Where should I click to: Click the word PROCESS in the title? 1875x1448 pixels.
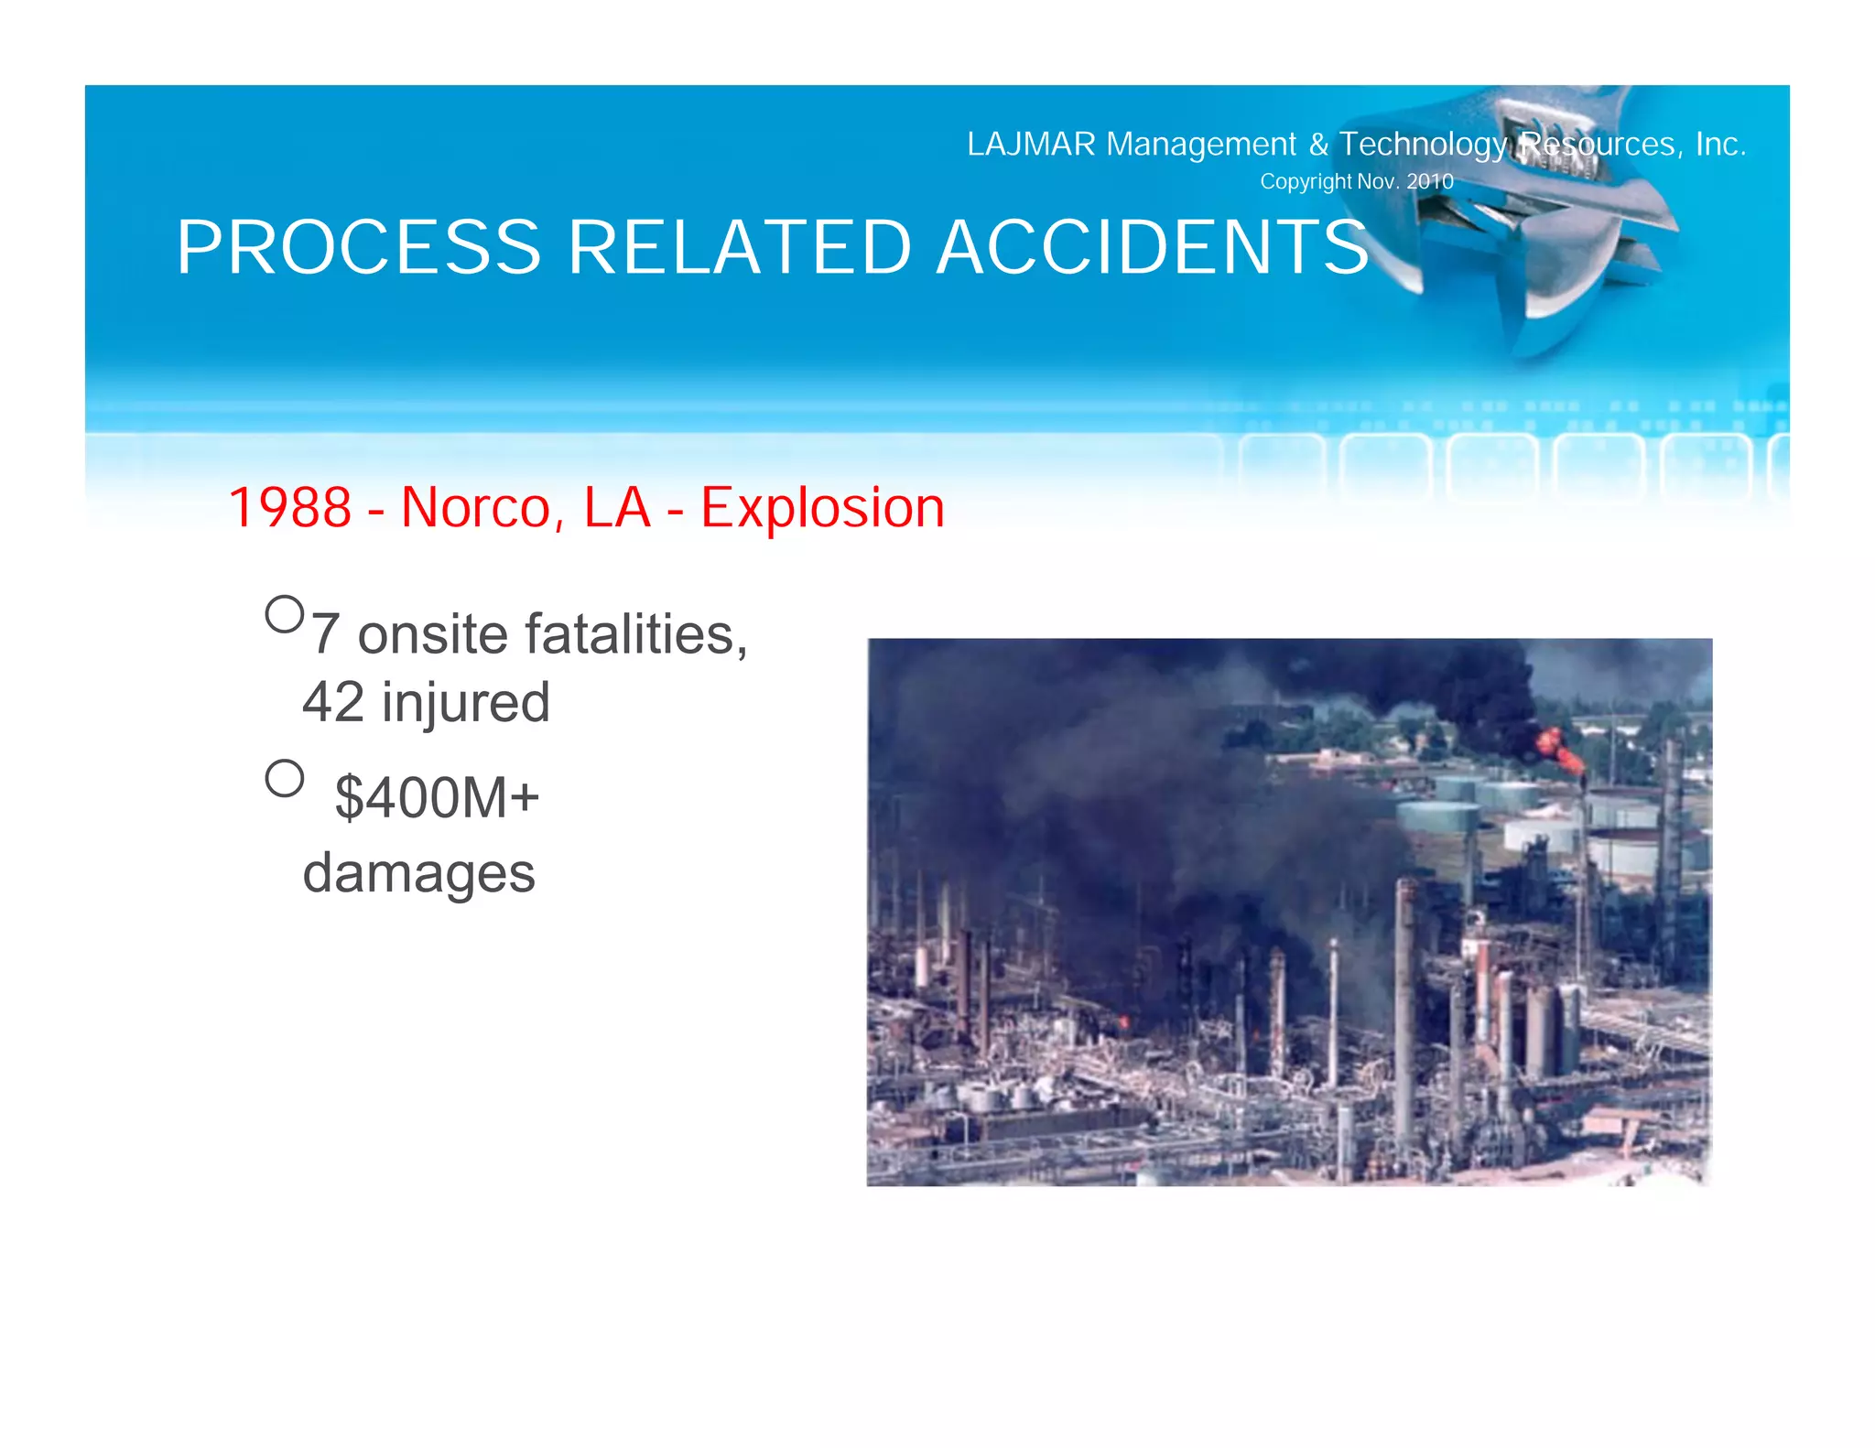point(359,248)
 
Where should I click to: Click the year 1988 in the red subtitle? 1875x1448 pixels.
point(289,508)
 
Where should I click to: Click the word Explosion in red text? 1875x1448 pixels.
point(822,508)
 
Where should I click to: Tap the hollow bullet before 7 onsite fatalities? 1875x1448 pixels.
point(284,614)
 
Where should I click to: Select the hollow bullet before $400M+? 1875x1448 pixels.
point(284,779)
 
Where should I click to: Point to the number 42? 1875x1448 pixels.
point(333,702)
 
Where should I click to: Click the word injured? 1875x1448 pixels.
point(466,702)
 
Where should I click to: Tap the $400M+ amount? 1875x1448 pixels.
point(437,797)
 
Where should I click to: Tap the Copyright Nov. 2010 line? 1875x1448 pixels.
point(1356,181)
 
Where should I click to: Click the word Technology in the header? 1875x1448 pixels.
point(1423,145)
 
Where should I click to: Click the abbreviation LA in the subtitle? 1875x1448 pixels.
point(616,508)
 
